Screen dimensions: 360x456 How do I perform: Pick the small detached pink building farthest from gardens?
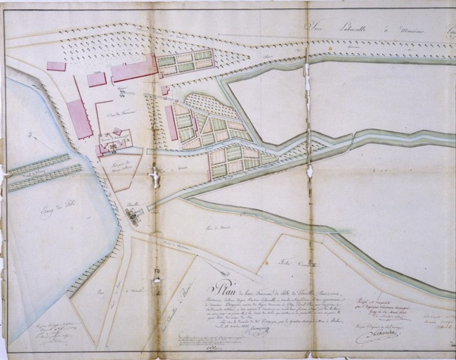[56, 66]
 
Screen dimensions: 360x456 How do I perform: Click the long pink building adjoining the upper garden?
[134, 70]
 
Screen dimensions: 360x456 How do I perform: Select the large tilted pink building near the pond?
[79, 119]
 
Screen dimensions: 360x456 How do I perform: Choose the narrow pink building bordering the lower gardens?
[172, 123]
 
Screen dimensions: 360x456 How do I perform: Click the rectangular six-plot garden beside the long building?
[185, 62]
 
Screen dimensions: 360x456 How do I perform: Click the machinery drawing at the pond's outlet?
[134, 212]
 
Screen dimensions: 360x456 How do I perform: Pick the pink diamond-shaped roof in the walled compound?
[117, 131]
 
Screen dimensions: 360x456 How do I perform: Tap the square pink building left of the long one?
[97, 79]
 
